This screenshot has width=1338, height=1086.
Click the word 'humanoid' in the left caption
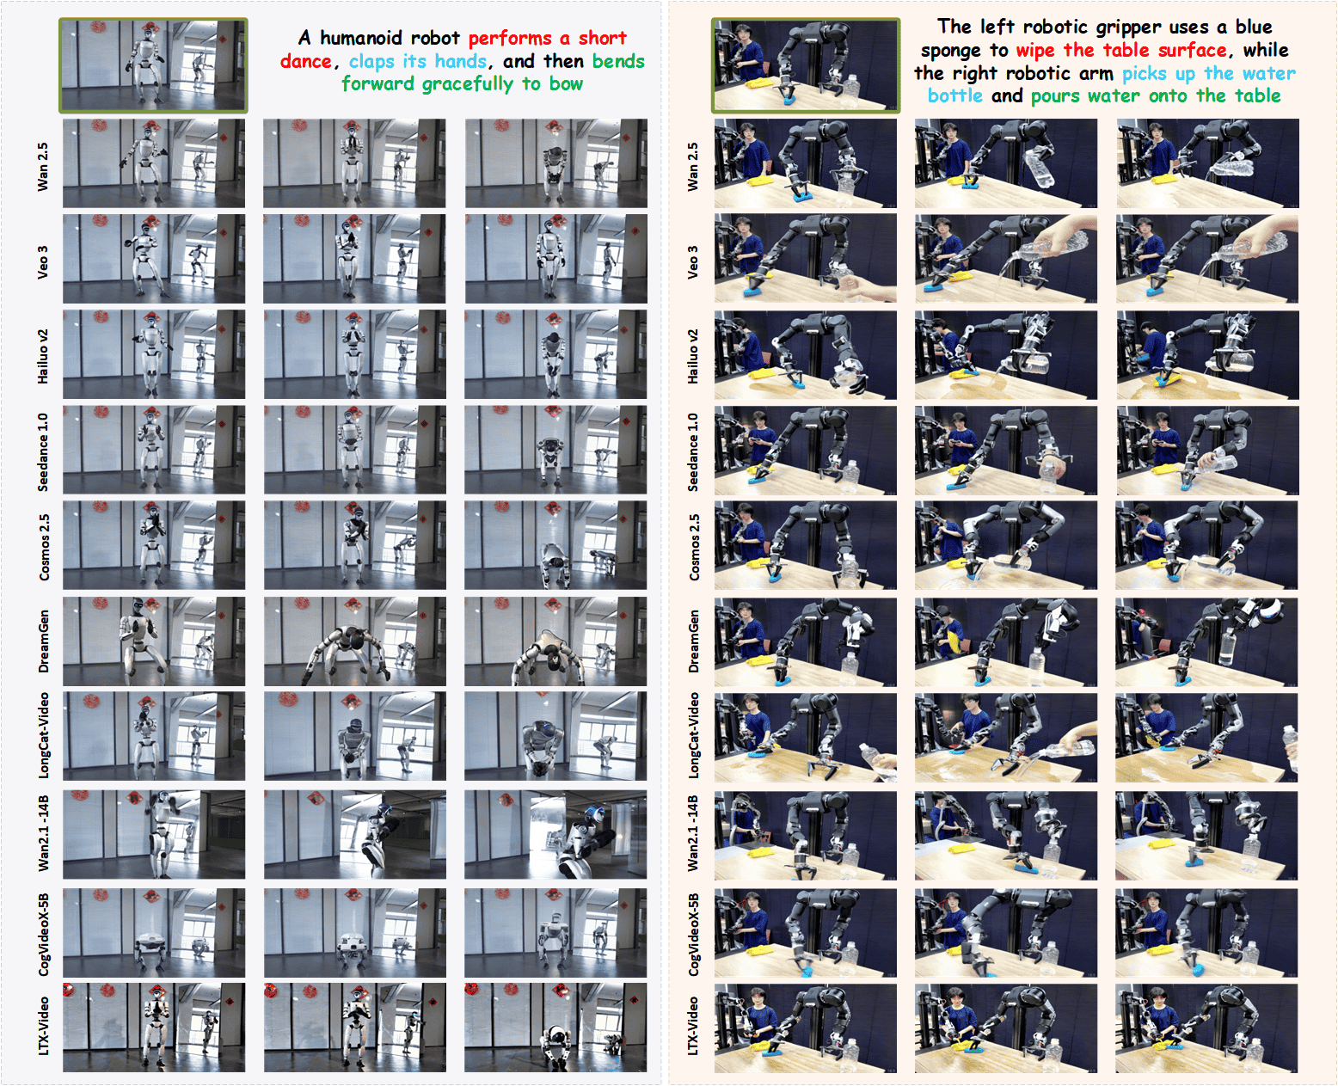point(390,39)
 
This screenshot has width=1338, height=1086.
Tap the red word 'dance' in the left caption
point(306,62)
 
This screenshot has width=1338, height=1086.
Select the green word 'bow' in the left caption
point(566,84)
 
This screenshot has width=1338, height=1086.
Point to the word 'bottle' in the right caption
point(954,96)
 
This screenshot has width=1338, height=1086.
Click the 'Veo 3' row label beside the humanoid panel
point(43,262)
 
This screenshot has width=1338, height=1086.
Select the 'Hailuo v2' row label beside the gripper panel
point(693,356)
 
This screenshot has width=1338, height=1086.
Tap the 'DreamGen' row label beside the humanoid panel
point(43,641)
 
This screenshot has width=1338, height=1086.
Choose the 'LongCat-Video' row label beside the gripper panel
point(693,735)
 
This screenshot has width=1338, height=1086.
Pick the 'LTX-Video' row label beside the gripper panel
point(693,1026)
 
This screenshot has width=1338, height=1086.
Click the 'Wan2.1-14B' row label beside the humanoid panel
point(43,833)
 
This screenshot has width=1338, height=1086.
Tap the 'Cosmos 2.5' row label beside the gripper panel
point(693,547)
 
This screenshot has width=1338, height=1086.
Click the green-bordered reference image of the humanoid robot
point(153,66)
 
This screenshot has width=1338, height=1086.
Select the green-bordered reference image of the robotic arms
point(806,66)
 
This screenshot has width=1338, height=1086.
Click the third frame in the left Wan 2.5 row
point(556,163)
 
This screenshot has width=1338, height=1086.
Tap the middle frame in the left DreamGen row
point(354,641)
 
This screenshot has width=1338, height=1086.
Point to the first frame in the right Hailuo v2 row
point(806,355)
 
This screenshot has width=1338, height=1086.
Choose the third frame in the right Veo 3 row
point(1207,259)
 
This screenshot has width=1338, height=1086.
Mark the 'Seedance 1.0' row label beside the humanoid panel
point(43,452)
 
